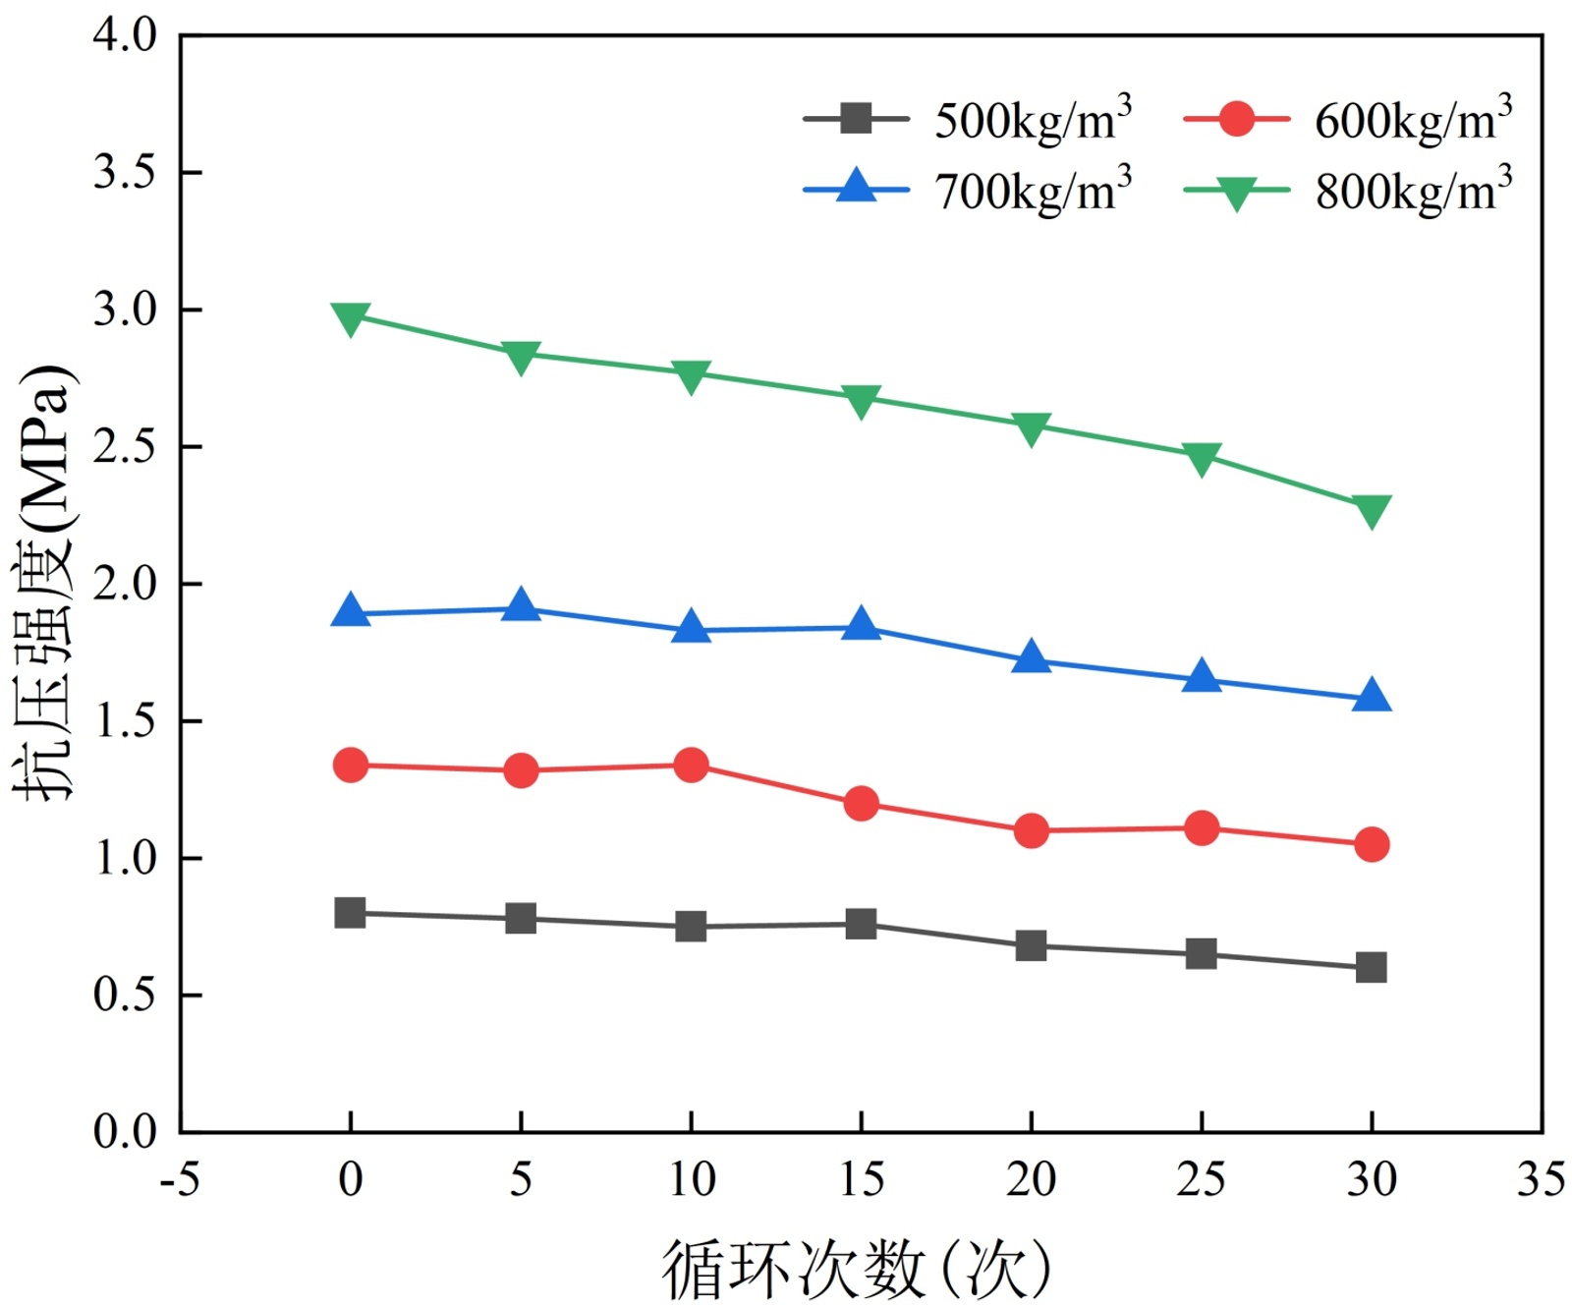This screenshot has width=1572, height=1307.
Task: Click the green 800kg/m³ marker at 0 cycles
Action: (x=351, y=317)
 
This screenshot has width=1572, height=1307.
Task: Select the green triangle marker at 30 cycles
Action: (x=1372, y=510)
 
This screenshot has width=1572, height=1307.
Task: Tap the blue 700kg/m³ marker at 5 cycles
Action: (x=521, y=606)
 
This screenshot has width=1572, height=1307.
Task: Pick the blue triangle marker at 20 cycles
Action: (x=1031, y=658)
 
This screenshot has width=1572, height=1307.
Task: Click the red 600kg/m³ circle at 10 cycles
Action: (x=691, y=765)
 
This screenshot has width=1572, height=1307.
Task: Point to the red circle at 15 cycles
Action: (x=861, y=804)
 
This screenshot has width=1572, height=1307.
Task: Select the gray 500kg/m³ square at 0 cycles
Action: (x=351, y=913)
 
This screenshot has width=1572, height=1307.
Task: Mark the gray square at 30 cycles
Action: (x=1372, y=967)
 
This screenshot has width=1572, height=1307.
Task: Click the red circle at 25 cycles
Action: (x=1201, y=828)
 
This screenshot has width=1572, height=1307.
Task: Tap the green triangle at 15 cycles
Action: (x=861, y=399)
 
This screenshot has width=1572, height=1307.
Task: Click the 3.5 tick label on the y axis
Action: (x=125, y=172)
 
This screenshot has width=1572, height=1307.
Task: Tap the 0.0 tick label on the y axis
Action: (x=125, y=1132)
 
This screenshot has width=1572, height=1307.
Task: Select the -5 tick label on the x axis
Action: (x=180, y=1179)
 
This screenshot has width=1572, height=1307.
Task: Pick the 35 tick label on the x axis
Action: (x=1541, y=1179)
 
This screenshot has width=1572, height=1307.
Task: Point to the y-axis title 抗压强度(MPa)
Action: (x=44, y=582)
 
